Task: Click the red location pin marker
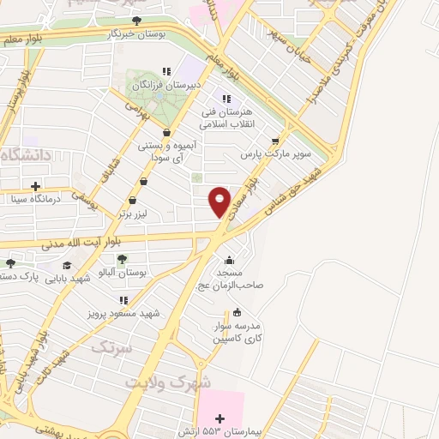[219, 201]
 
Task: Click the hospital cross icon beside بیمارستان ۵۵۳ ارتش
[220, 418]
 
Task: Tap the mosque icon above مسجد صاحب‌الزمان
[228, 261]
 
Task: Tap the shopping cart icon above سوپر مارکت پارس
[274, 142]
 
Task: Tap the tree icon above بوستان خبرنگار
[136, 20]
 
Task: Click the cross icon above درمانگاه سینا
[35, 185]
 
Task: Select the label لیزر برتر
[141, 211]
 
